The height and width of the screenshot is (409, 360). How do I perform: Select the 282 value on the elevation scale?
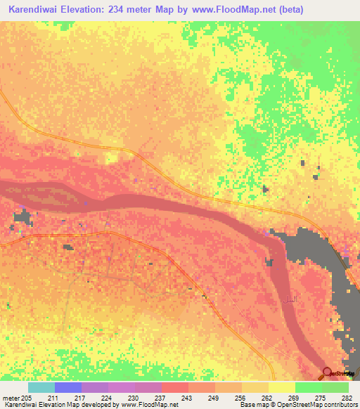[x=346, y=397]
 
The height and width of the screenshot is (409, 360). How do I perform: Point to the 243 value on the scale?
[x=187, y=397]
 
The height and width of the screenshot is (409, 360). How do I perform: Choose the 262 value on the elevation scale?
[x=267, y=397]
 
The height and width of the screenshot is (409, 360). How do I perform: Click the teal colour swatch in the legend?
[x=41, y=387]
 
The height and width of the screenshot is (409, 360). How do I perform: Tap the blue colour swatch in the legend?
[x=67, y=387]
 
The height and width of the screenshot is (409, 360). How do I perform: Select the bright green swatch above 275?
[x=308, y=387]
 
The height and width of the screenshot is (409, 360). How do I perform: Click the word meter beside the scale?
[x=11, y=397]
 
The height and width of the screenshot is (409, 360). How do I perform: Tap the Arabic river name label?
[x=288, y=300]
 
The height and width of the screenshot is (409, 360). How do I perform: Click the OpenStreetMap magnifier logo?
[x=328, y=372]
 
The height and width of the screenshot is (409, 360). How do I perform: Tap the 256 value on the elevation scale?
[x=240, y=397]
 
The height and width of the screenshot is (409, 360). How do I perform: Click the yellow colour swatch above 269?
[x=281, y=387]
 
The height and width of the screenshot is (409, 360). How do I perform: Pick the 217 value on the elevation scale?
[x=80, y=397]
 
